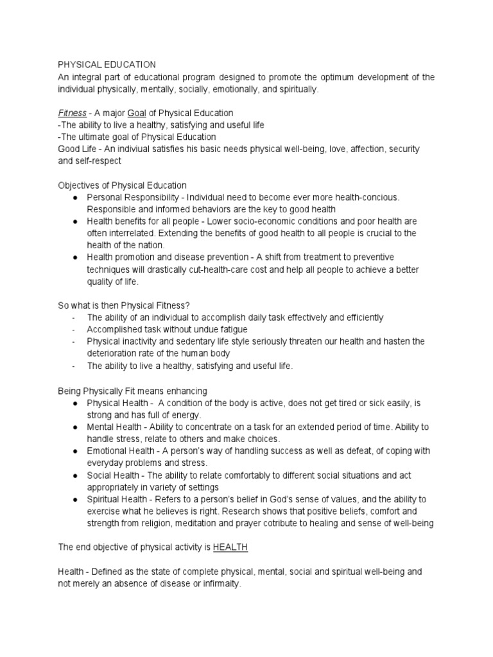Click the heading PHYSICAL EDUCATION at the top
click(107, 65)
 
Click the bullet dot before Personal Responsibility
click(76, 198)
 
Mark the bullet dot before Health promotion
click(76, 258)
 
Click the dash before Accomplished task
click(74, 330)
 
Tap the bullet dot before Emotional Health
click(76, 451)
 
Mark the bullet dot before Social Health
click(76, 475)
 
